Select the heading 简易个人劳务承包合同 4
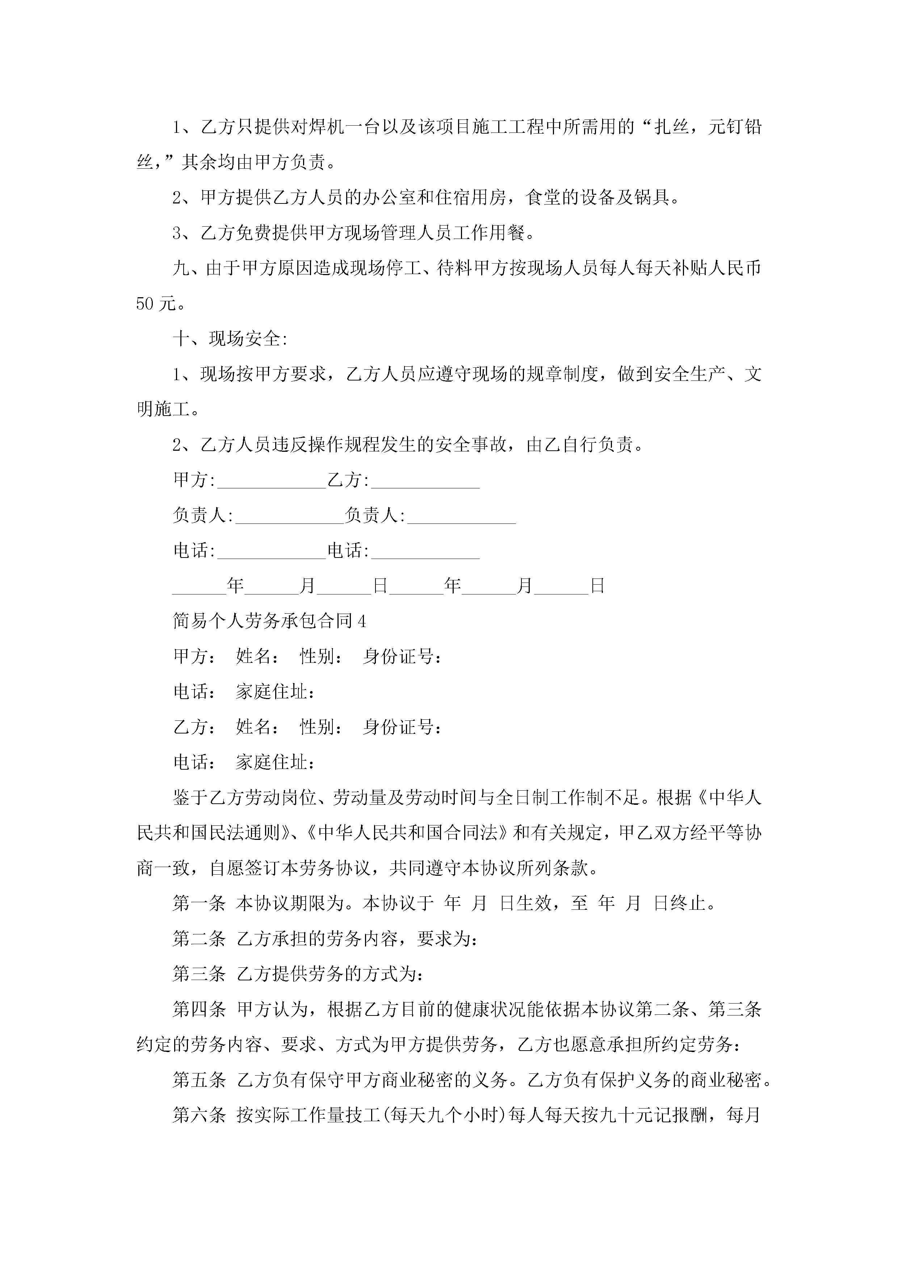tap(269, 621)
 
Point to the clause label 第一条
tap(199, 904)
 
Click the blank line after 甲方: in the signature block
tap(271, 481)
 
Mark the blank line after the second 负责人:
tap(461, 517)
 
